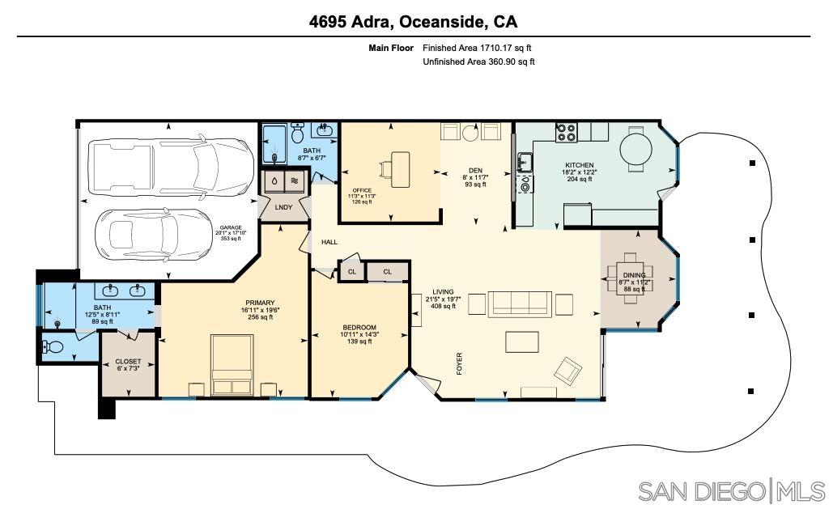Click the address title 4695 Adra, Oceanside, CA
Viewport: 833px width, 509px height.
point(413,22)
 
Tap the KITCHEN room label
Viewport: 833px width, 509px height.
point(578,165)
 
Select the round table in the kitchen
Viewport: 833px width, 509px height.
point(636,148)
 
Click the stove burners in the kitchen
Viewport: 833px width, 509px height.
point(564,132)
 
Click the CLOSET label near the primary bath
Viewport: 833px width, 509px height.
point(128,362)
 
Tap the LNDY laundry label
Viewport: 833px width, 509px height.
point(283,207)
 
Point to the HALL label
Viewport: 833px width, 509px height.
point(329,242)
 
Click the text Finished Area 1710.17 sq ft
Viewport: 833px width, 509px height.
point(477,49)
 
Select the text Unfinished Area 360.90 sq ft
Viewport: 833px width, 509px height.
point(478,62)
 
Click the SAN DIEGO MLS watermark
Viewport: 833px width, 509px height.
point(731,490)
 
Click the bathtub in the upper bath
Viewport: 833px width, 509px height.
point(274,145)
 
